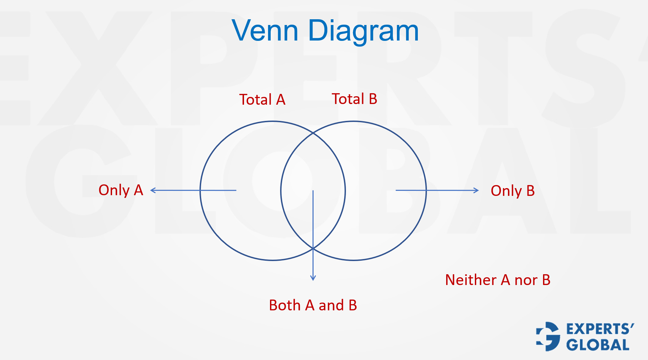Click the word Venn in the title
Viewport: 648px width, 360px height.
point(265,31)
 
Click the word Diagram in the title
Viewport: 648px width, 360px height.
point(363,31)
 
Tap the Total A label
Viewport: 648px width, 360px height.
point(262,100)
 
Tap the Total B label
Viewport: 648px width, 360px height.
point(354,99)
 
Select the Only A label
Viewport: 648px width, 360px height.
point(121,190)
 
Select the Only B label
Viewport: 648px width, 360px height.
point(513,191)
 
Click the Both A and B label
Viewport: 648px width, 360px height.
point(313,305)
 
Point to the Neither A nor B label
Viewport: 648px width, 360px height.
point(498,280)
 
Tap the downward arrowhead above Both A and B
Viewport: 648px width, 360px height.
point(313,279)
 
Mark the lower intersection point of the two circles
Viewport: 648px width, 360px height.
point(313,249)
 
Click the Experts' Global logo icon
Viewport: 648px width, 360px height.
point(548,336)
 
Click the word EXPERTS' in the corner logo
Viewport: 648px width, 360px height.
point(600,329)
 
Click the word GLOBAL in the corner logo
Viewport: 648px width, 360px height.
point(598,345)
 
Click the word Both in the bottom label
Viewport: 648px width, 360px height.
point(285,305)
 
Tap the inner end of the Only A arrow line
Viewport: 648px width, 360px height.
point(236,190)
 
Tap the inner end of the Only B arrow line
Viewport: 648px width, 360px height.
point(396,190)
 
